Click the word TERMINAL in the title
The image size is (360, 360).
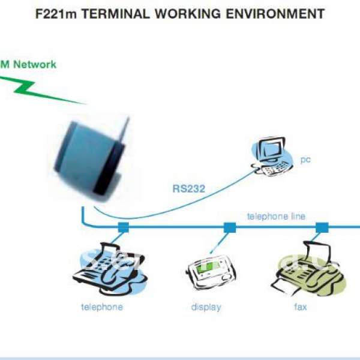112,13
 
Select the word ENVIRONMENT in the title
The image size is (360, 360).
276,13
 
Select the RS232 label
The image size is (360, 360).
189,189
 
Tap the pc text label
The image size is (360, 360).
305,160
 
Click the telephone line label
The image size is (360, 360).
276,216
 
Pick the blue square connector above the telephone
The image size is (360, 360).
124,227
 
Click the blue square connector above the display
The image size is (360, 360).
229,227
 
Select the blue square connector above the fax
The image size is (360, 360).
322,227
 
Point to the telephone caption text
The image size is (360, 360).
102,307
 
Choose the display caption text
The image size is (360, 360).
206,307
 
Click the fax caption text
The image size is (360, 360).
301,307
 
